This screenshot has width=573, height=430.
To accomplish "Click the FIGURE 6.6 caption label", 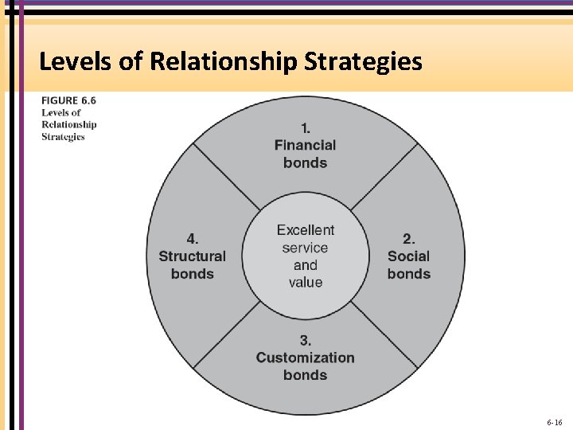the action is (71, 101).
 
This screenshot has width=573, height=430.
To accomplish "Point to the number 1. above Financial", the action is (305, 127).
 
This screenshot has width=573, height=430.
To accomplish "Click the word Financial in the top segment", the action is (305, 145).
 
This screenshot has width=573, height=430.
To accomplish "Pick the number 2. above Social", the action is (408, 238).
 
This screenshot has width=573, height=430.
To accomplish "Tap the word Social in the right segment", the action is (408, 256).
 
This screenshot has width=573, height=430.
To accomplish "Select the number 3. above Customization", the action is (305, 340).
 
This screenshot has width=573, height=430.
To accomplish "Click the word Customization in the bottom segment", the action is (305, 358).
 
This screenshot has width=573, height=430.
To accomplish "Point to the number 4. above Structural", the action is (193, 238).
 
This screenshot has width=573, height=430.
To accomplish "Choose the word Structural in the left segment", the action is (193, 256).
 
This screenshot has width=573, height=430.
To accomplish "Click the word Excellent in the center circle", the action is (306, 230).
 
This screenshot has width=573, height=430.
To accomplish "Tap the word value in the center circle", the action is (306, 283).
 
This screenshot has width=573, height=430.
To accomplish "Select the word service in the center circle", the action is (306, 248).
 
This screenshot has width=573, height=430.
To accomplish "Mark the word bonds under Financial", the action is (305, 162).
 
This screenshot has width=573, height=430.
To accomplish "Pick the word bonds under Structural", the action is (193, 273).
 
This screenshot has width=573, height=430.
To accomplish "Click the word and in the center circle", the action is (306, 265).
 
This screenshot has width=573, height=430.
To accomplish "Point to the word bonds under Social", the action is (408, 273).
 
